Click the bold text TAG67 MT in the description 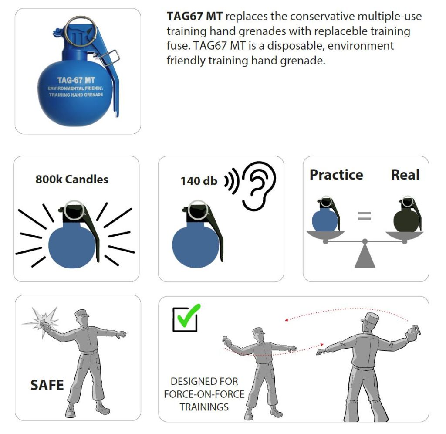coord(195,16)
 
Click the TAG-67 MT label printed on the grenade coord(76,80)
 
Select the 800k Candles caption coord(72,180)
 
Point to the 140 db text coord(199,181)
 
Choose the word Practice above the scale coord(336,175)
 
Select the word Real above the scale coord(405,175)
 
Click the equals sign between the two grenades coord(365,216)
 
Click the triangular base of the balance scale coord(365,258)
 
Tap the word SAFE coord(47,385)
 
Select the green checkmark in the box coord(188,315)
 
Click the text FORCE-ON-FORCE coord(204,394)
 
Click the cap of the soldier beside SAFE coord(81,314)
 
